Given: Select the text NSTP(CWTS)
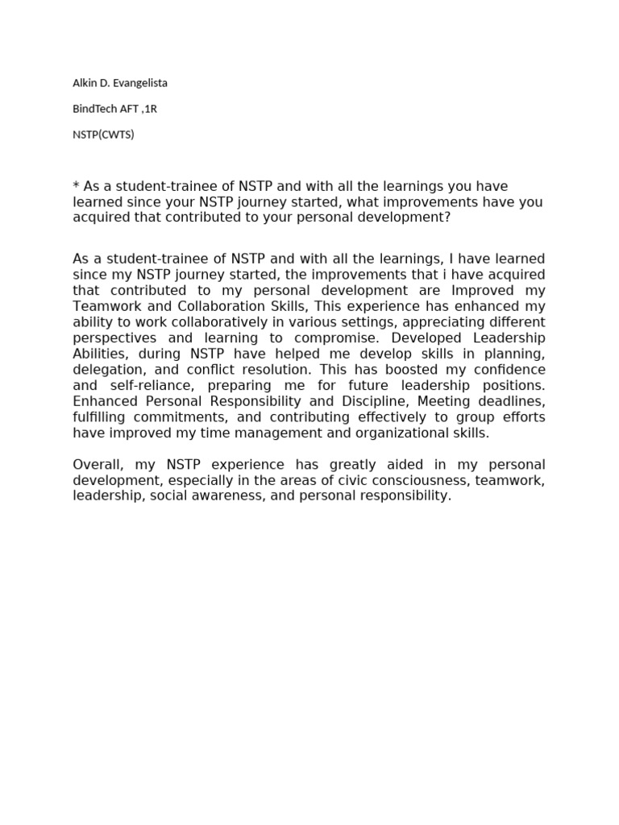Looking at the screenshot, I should coord(103,135).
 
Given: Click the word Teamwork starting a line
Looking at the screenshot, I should coord(102,306).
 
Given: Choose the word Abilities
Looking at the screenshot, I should coord(101,354).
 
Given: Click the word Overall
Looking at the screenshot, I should coord(96,465).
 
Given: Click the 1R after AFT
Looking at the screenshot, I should coord(149,109).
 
